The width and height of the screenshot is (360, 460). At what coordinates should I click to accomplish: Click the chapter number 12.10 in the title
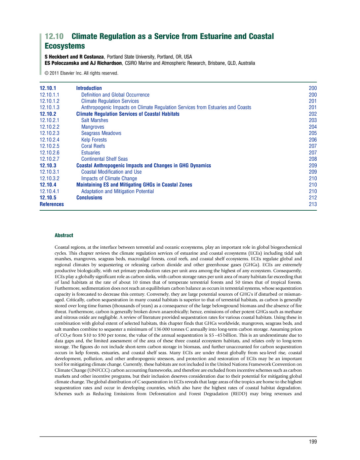click(54, 36)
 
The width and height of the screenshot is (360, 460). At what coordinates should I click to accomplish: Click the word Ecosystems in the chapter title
click(65, 46)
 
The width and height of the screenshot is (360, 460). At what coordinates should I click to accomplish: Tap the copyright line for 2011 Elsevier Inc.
click(81, 73)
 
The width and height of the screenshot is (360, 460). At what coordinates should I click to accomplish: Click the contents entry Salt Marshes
click(95, 120)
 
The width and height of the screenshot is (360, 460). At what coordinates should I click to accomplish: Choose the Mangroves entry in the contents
click(93, 127)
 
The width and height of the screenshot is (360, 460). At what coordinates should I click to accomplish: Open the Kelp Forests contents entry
click(94, 140)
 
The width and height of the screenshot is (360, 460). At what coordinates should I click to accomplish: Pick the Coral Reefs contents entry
click(93, 146)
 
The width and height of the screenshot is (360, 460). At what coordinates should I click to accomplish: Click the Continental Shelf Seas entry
click(104, 159)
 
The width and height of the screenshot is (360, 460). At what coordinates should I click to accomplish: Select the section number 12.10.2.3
click(50, 133)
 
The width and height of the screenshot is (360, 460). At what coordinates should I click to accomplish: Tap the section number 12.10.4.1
click(50, 191)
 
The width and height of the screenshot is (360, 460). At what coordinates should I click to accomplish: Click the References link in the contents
click(52, 204)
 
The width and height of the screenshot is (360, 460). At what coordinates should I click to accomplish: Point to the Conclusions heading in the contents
click(89, 198)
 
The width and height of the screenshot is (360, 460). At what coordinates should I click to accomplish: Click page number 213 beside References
click(313, 204)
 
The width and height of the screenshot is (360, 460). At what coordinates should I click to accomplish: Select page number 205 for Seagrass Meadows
click(313, 133)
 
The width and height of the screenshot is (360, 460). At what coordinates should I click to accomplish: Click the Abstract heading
click(64, 235)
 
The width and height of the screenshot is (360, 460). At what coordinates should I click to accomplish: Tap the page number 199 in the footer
click(313, 441)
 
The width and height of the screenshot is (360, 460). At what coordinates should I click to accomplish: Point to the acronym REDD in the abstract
click(239, 394)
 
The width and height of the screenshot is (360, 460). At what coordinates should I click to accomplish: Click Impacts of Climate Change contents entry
click(109, 179)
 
